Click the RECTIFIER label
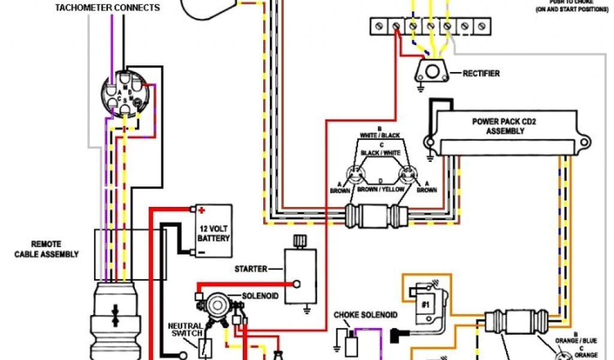click(481, 74)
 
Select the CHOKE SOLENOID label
click(365, 315)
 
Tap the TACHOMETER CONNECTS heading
click(107, 8)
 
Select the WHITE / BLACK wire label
click(380, 136)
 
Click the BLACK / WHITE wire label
click(380, 154)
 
